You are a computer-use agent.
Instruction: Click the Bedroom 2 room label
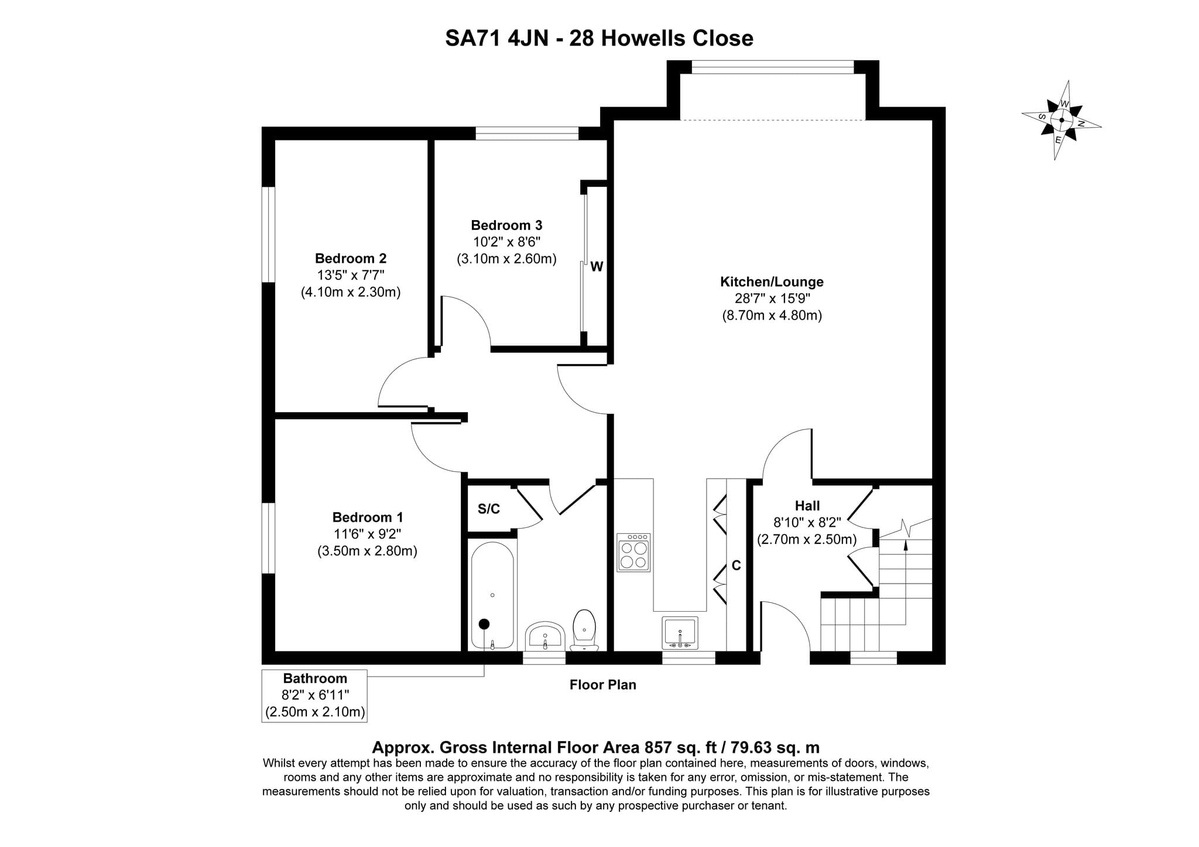point(351,258)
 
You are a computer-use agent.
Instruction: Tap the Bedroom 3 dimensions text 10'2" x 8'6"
point(506,242)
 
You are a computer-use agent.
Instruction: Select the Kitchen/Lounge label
point(772,282)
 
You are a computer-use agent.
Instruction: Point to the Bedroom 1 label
point(368,517)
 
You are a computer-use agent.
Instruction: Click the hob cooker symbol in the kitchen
point(633,552)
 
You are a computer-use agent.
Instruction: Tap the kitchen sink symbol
point(680,633)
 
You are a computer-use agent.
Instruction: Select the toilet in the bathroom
point(584,630)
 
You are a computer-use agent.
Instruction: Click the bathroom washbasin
point(545,636)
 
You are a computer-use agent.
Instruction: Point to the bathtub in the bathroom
point(492,595)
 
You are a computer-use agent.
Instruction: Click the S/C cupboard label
point(489,509)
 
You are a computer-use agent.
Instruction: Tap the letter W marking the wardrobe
point(597,267)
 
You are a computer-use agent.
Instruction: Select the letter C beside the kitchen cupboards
point(736,565)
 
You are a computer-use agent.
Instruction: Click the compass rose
point(1061,120)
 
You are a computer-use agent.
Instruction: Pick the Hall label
point(807,506)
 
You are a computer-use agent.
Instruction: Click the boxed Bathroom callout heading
point(315,678)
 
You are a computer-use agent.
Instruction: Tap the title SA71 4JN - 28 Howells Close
point(599,38)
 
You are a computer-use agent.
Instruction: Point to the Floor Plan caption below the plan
point(603,685)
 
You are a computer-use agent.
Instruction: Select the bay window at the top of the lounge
point(773,67)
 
